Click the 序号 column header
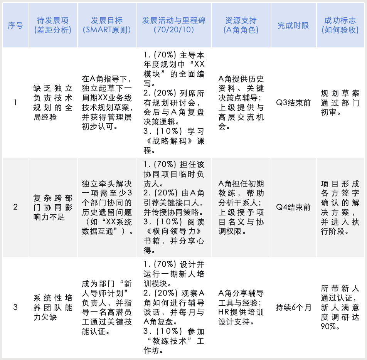[x=15, y=25]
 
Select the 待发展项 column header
[x=53, y=25]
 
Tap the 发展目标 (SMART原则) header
[x=107, y=25]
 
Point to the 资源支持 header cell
[x=241, y=25]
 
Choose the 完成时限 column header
[x=293, y=25]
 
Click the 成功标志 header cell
[x=340, y=25]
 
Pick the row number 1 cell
[x=15, y=103]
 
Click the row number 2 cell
[x=15, y=207]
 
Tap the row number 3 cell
[x=15, y=307]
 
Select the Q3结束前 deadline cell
[x=293, y=103]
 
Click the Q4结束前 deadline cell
[x=293, y=207]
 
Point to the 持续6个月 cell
[x=293, y=307]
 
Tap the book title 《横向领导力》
[x=172, y=232]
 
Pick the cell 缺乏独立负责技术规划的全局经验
[x=53, y=103]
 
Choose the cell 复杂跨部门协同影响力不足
[x=53, y=207]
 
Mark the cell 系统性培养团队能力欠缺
[x=53, y=307]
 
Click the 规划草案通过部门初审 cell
[x=340, y=103]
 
